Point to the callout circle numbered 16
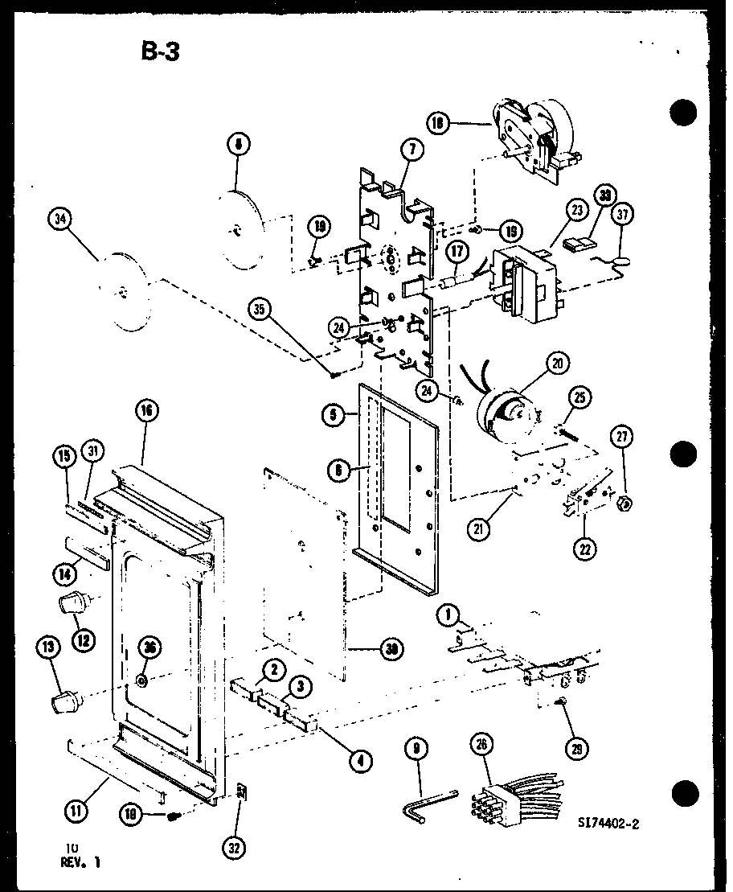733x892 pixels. [x=146, y=412]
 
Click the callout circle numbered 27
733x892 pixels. [x=623, y=437]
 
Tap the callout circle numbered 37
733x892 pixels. [x=623, y=214]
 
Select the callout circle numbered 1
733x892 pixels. [x=448, y=616]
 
